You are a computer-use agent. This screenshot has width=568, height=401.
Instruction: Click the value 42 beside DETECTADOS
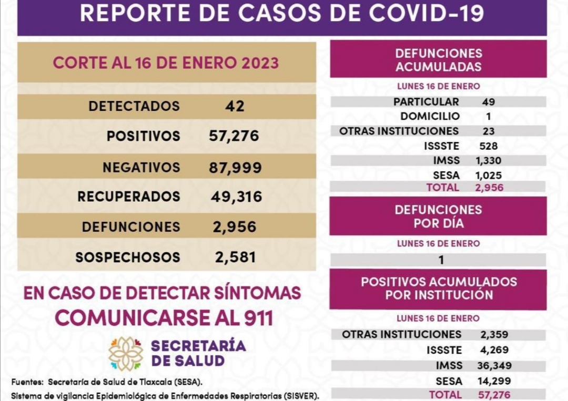[x=235, y=106]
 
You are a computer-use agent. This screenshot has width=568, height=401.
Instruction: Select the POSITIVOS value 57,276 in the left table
[x=234, y=136]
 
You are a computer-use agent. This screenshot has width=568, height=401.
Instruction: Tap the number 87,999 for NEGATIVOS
[x=235, y=167]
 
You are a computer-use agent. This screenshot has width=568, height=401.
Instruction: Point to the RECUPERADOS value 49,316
[x=235, y=197]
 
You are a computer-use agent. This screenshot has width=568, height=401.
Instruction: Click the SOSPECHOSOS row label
[x=128, y=258]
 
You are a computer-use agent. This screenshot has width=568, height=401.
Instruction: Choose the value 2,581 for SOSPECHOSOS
[x=235, y=258]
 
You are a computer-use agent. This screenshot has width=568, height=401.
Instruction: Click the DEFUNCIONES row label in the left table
[x=131, y=227]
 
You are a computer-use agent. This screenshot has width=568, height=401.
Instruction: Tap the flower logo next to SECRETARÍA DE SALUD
[x=126, y=354]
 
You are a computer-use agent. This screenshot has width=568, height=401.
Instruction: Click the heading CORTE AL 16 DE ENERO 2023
[x=166, y=63]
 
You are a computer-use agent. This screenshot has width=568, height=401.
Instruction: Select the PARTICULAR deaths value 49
[x=488, y=102]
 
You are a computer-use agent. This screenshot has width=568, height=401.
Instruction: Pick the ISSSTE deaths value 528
[x=488, y=146]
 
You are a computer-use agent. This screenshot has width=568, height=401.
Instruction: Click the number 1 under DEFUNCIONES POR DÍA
[x=441, y=260]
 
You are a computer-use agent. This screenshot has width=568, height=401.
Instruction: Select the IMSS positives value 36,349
[x=494, y=366]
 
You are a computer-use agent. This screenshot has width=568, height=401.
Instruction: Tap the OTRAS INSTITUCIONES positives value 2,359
[x=494, y=334]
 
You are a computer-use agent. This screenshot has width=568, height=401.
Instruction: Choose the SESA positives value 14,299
[x=494, y=381]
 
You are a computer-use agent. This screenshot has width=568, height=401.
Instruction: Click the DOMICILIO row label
[x=430, y=116]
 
